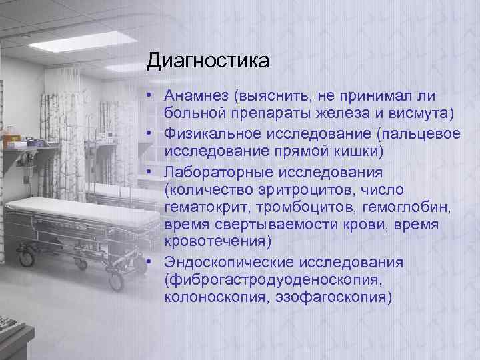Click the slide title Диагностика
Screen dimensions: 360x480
tap(208, 61)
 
